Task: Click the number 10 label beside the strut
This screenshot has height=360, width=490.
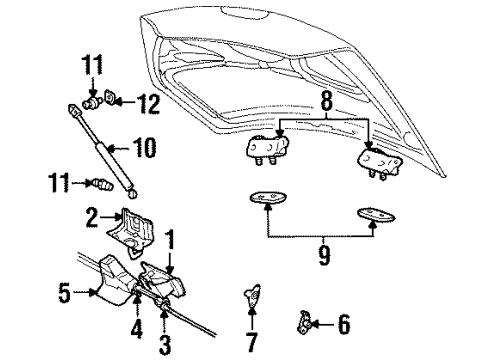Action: (144, 149)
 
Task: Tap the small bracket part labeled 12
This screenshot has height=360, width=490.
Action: (115, 100)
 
